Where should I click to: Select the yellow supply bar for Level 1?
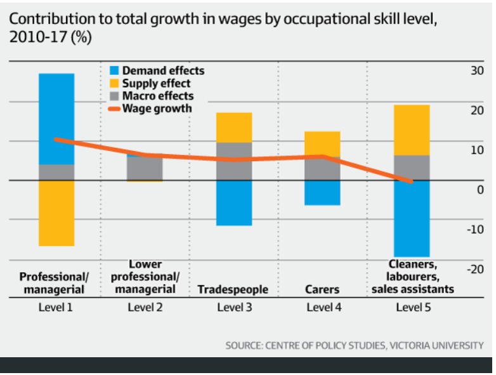pyautogui.click(x=56, y=213)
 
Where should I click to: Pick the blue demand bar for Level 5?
pyautogui.click(x=412, y=219)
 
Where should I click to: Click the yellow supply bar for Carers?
pyautogui.click(x=323, y=143)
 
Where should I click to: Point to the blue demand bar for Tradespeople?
pyautogui.click(x=234, y=203)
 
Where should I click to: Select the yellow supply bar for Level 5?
pyautogui.click(x=412, y=129)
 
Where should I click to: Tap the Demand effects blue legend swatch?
pyautogui.click(x=114, y=70)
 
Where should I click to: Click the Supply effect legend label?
pyautogui.click(x=156, y=83)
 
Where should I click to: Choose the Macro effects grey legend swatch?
pyautogui.click(x=114, y=96)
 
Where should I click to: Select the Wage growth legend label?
pyautogui.click(x=157, y=109)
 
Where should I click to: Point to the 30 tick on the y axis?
pyautogui.click(x=476, y=70)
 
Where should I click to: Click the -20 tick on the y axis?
pyautogui.click(x=474, y=269)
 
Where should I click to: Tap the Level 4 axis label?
pyautogui.click(x=323, y=308)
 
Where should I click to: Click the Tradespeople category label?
pyautogui.click(x=233, y=289)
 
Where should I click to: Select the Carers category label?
pyautogui.click(x=323, y=289)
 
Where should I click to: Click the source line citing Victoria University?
pyautogui.click(x=354, y=345)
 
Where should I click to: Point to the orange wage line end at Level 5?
pyautogui.click(x=412, y=181)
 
